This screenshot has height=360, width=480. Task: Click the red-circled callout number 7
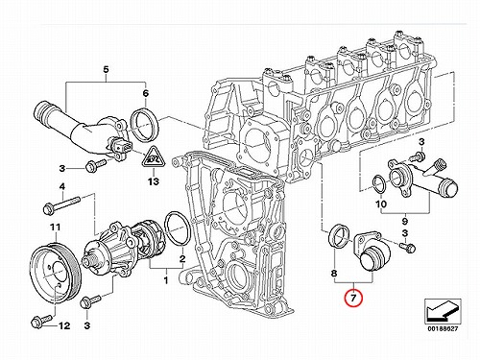pos(353,299)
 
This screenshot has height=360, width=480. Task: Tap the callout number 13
pos(154,181)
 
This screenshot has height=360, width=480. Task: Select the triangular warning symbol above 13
pos(154,157)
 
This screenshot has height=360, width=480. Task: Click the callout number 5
pos(106,69)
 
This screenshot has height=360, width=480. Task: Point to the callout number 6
pos(146,93)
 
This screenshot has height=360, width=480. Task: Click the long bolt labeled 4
pos(61,205)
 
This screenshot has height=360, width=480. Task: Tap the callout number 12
pos(64,325)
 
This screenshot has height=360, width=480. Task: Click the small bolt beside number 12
pos(41,321)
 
